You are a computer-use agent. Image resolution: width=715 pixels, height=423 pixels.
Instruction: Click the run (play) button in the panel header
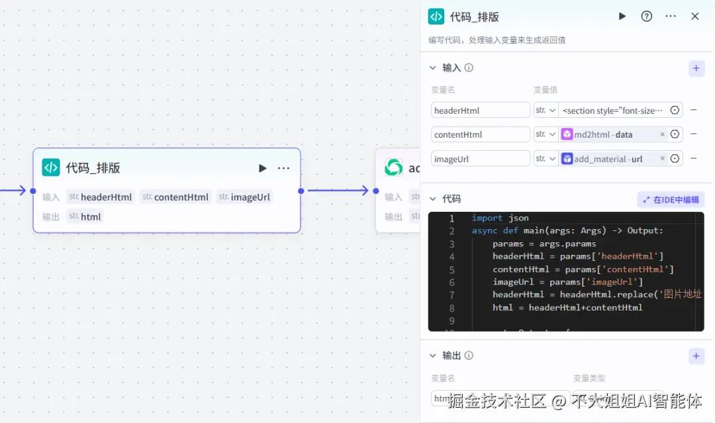pos(622,17)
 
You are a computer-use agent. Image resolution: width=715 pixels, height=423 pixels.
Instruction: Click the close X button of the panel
pos(695,17)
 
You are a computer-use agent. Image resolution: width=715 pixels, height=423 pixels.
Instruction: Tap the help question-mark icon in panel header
pos(647,17)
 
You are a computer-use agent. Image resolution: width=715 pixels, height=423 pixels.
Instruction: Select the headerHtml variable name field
pos(481,111)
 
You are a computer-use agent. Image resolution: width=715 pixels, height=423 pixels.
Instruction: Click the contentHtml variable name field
pos(481,134)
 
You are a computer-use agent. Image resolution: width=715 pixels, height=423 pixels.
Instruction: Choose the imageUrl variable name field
pos(481,159)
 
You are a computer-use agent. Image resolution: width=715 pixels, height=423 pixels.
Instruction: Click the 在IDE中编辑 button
pos(671,199)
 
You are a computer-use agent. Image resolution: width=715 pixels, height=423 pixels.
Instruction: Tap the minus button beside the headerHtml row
pos(694,111)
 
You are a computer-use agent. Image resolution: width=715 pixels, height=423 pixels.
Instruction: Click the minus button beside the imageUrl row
pos(694,159)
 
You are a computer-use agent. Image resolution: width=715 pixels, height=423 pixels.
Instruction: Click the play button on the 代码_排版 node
pos(263,168)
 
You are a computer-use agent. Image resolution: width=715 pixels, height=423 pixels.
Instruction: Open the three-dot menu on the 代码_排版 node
pos(283,168)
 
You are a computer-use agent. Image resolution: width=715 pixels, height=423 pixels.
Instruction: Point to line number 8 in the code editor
pos(452,308)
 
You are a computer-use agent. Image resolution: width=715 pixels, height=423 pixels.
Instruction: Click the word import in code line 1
pos(487,218)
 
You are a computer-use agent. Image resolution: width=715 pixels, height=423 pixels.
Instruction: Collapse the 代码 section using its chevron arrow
pos(433,199)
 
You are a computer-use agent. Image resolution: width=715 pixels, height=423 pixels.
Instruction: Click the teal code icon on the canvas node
pos(51,167)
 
